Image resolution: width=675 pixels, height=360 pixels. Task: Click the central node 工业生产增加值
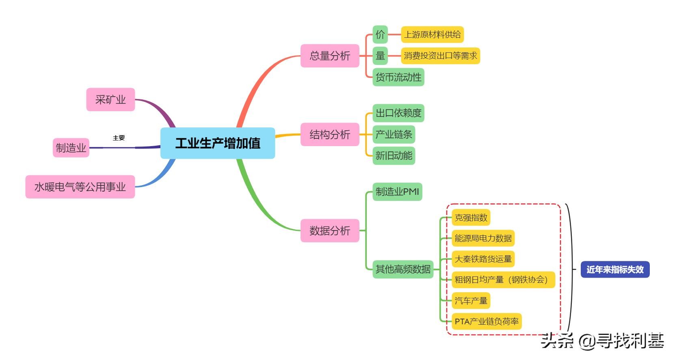(x=218, y=143)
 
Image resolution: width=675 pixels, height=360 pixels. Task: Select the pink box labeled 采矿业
(x=110, y=99)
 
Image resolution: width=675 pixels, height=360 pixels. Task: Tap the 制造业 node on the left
(x=71, y=148)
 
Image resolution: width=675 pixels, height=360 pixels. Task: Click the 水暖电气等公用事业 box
(x=80, y=187)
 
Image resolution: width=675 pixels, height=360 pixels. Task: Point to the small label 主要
(x=119, y=138)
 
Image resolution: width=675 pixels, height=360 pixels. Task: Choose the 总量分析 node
(x=330, y=56)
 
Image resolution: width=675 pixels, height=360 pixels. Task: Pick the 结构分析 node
(x=330, y=134)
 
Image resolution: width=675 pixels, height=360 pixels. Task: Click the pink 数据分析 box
(x=330, y=231)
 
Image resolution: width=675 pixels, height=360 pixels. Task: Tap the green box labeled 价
(x=380, y=34)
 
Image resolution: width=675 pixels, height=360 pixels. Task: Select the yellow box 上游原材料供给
(x=432, y=34)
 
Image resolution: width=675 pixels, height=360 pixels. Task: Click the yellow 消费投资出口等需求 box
(x=440, y=56)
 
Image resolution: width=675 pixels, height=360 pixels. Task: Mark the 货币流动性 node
(x=398, y=77)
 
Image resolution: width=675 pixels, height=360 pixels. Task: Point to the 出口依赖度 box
(x=398, y=113)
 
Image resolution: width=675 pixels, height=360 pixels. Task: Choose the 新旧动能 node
(x=394, y=155)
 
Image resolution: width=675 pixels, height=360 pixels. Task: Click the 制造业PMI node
(x=397, y=192)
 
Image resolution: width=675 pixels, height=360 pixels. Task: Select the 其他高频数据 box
(x=403, y=269)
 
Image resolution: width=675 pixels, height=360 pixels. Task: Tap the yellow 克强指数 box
(x=471, y=218)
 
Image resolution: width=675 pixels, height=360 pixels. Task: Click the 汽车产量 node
(x=471, y=301)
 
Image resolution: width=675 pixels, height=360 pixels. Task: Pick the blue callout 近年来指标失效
(x=615, y=269)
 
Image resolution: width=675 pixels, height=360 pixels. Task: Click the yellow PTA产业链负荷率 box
(x=487, y=321)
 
